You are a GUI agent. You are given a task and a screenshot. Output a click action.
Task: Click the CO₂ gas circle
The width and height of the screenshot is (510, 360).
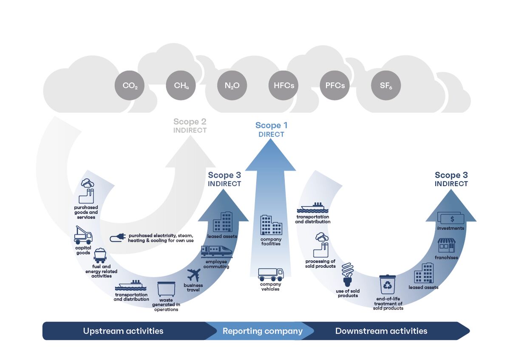coord(130,85)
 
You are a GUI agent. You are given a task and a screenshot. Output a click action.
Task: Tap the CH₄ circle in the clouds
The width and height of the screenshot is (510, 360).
coord(181,85)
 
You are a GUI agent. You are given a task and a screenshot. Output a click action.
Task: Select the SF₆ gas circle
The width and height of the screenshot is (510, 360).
coord(386,85)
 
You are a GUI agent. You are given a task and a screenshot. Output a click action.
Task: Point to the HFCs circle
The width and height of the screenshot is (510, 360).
coord(283,85)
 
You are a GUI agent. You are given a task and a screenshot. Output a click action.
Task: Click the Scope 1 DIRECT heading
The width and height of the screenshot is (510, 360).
coord(271,129)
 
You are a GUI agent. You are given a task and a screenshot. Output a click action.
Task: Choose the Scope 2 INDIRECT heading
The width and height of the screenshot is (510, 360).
coord(190,126)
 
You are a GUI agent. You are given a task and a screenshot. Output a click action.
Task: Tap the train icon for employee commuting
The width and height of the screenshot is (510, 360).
coord(216,251)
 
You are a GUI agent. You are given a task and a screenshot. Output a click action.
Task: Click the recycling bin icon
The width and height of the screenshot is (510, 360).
coord(388,285)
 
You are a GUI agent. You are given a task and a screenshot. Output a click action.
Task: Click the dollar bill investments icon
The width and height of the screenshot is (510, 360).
coord(451,218)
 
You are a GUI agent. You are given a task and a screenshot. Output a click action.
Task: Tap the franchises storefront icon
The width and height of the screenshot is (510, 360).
coord(447,246)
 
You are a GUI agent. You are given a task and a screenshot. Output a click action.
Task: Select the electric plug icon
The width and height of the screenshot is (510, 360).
coord(117,238)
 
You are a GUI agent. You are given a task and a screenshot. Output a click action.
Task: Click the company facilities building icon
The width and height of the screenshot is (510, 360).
coord(271,225)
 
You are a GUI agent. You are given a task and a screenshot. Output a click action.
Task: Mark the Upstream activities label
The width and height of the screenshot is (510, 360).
coord(123,331)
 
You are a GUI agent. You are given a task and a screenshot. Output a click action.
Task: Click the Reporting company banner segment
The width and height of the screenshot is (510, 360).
coord(263,331)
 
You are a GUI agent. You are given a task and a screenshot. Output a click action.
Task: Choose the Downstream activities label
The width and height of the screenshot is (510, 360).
coord(381,331)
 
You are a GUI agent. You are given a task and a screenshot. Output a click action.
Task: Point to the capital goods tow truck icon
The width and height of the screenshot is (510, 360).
coord(83,235)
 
